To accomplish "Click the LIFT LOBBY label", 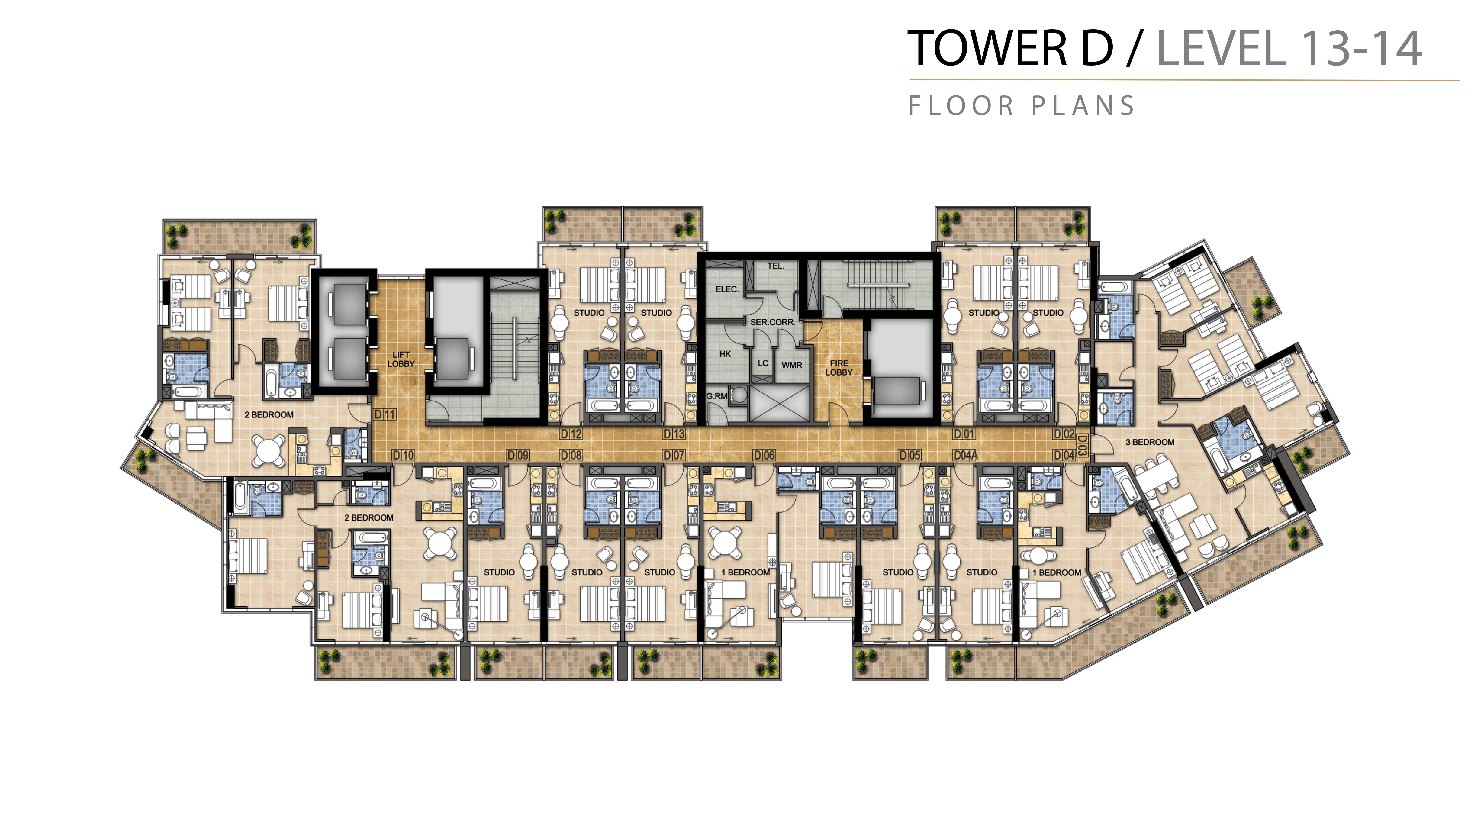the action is [x=401, y=359].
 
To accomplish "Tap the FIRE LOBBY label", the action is [x=839, y=368].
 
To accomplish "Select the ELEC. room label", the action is [x=727, y=289].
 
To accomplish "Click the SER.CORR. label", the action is [x=773, y=322].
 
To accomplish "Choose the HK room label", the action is [x=725, y=354].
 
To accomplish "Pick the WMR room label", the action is [x=792, y=365].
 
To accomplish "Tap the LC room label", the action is [x=763, y=363].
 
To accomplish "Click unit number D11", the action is [x=385, y=414].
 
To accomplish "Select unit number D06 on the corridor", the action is [x=765, y=455].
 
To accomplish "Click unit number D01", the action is [x=964, y=434].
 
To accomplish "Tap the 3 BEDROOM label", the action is [x=1150, y=442].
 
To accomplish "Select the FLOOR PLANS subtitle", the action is [x=1022, y=106].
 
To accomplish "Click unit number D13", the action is [x=674, y=434].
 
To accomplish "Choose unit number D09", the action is [x=518, y=455].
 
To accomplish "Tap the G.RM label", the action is [x=717, y=396].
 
